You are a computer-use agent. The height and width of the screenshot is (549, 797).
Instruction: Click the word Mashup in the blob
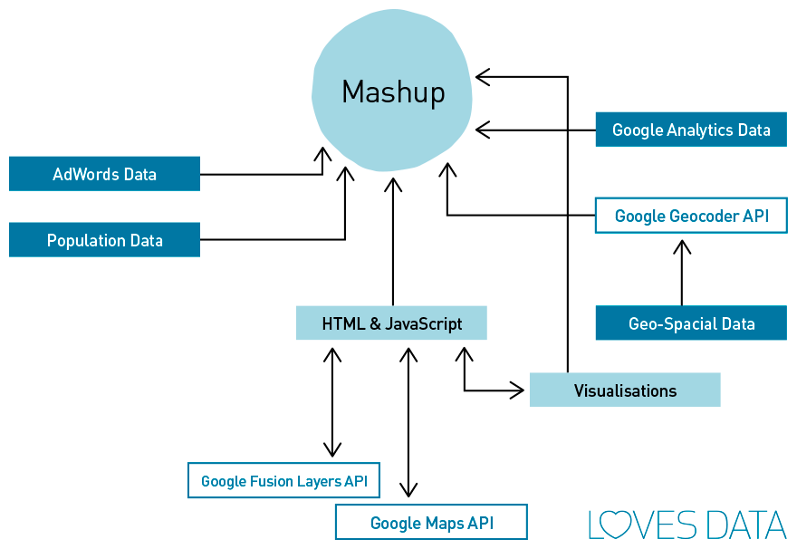393,92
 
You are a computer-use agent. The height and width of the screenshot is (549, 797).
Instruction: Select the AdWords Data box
104,174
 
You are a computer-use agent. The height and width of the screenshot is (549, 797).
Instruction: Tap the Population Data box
104,240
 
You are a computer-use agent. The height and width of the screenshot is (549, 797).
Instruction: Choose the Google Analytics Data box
691,130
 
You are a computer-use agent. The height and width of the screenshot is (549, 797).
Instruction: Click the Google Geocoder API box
691,216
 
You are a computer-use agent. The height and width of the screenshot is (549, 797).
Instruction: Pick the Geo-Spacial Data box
691,323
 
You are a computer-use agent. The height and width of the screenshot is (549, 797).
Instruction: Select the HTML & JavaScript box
391,323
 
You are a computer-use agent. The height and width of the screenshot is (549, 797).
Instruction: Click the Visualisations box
625,390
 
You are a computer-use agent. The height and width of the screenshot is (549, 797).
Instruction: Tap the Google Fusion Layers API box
283,481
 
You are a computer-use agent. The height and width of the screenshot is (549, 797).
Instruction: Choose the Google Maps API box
431,523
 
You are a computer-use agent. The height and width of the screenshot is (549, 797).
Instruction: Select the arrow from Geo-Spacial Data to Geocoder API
682,272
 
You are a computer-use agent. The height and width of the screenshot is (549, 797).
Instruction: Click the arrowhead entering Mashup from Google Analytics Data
482,130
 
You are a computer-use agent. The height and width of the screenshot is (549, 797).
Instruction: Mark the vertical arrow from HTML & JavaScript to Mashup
392,245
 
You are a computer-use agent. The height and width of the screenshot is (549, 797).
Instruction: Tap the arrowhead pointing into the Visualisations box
518,390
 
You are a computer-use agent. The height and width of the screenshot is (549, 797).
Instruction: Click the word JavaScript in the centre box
424,323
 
